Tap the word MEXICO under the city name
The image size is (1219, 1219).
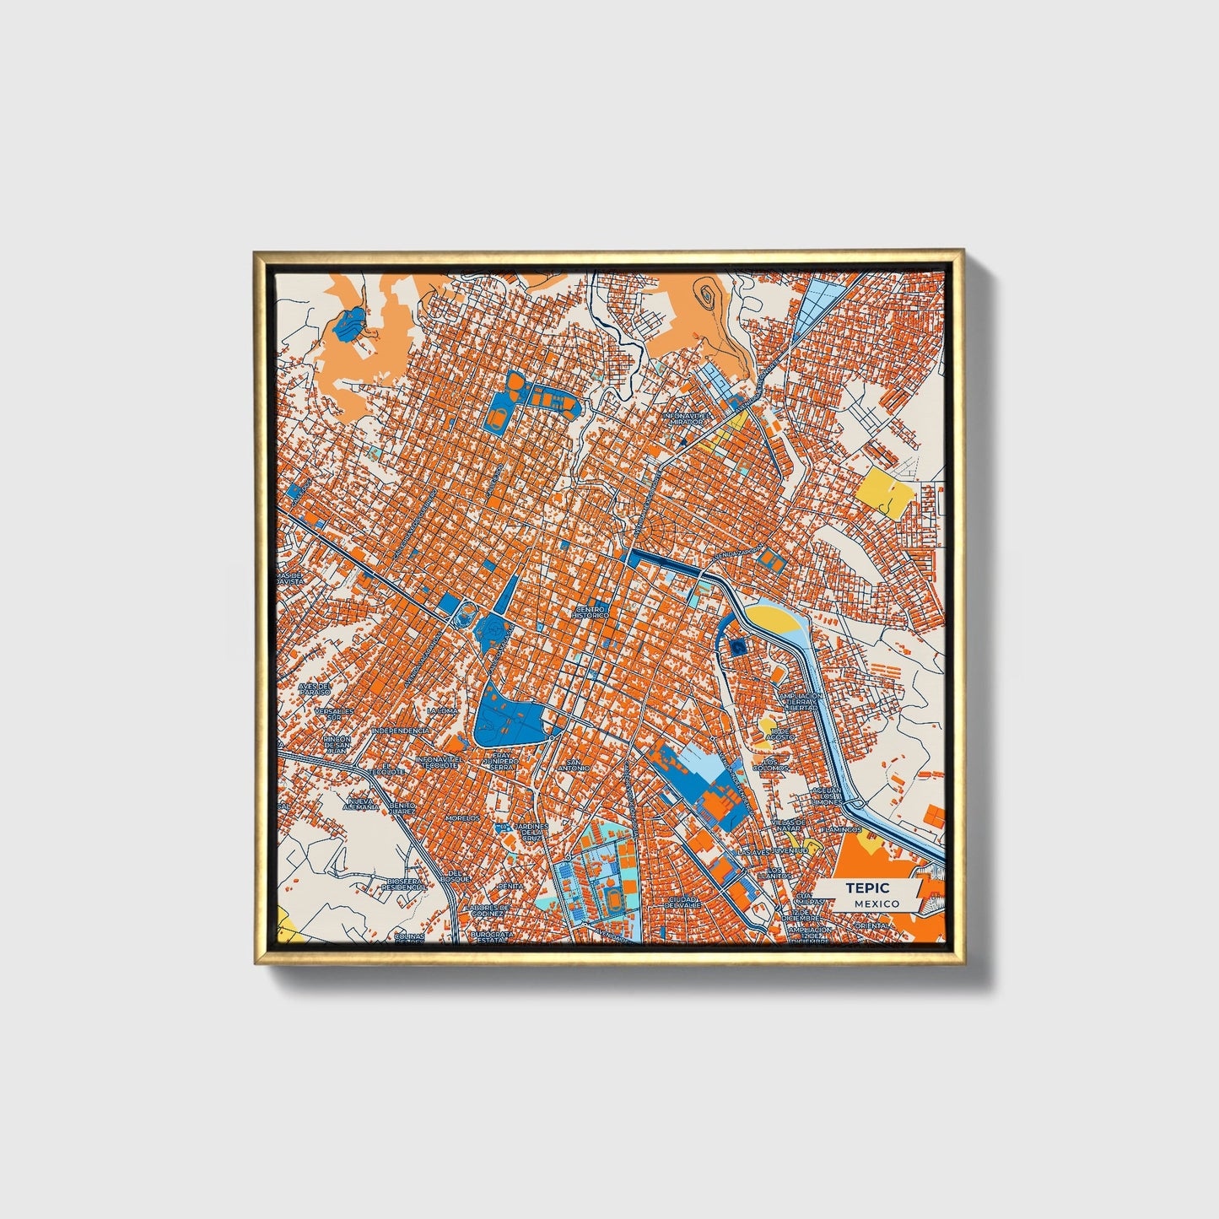coord(876,903)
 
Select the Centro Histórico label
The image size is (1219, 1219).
coord(591,612)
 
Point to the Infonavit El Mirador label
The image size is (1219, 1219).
coord(687,418)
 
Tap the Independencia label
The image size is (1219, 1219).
coord(400,731)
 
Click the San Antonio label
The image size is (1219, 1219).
coord(573,764)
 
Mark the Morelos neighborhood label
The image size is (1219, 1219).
coord(462,817)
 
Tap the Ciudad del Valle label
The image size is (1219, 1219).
coord(682,903)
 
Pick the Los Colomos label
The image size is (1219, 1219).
coord(771,764)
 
